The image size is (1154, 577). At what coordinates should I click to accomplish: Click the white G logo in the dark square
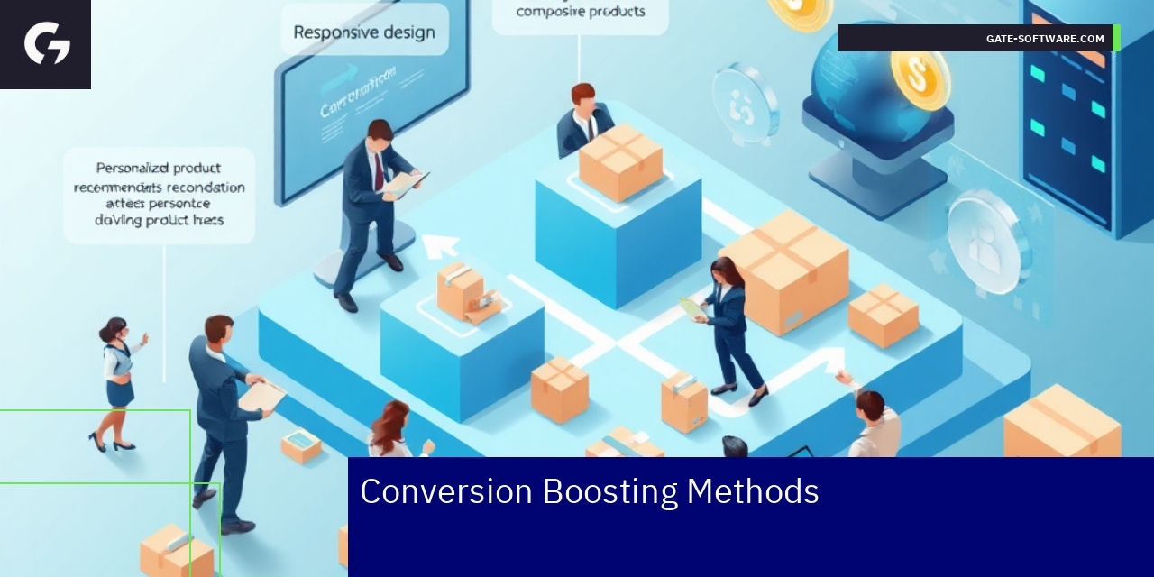tap(47, 43)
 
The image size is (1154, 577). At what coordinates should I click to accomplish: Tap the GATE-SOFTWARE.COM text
tap(1045, 39)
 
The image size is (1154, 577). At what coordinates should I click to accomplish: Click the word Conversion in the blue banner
tap(446, 492)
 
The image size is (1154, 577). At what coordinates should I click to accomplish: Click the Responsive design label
tap(364, 32)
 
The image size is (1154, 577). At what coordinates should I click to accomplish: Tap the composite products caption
tap(581, 12)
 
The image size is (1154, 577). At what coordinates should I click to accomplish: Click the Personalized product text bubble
tap(160, 195)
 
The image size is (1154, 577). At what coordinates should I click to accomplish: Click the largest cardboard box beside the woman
tap(783, 271)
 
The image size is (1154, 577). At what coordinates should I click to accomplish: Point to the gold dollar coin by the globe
tap(920, 78)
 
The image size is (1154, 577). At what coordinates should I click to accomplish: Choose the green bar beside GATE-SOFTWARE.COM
tap(1116, 38)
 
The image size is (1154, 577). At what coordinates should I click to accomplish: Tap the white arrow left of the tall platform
tap(441, 244)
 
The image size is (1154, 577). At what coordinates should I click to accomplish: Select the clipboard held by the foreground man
tap(261, 395)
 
